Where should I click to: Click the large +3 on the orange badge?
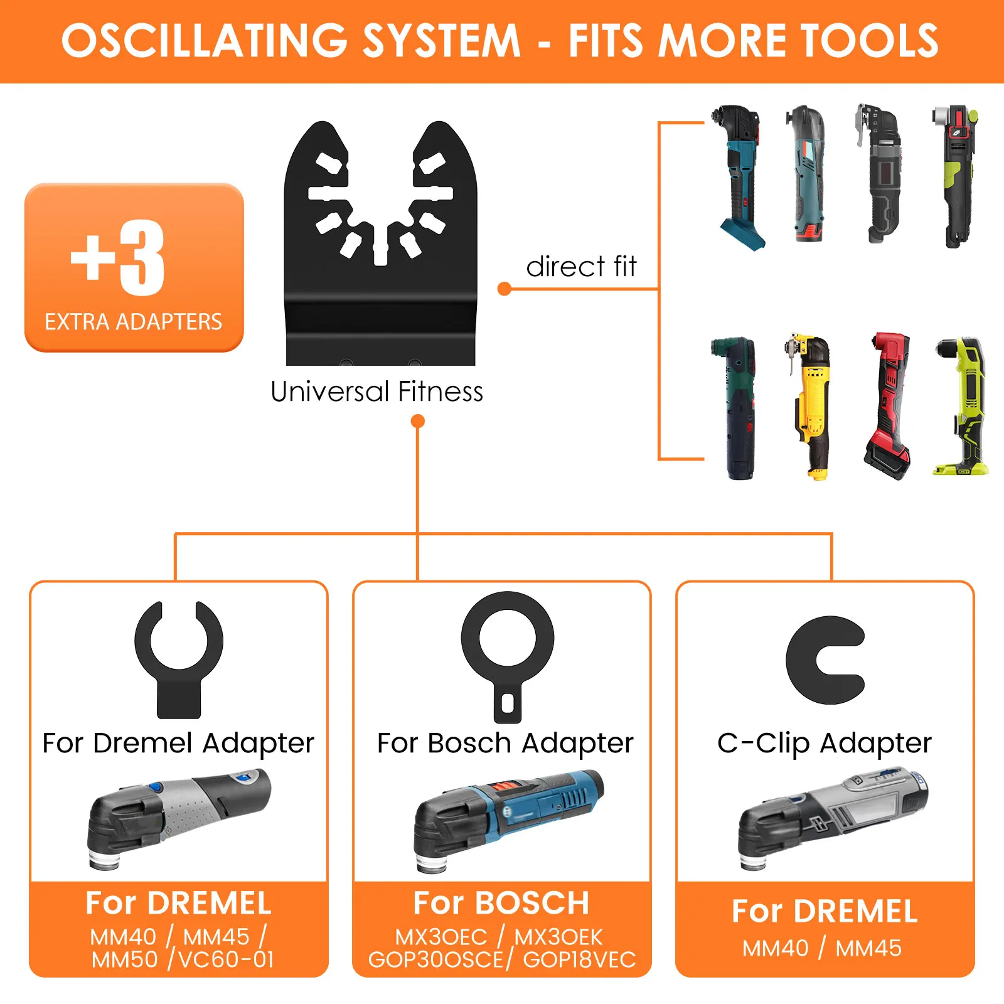point(118,258)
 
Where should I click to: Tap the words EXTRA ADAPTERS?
point(133,322)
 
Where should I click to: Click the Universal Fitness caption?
point(376,392)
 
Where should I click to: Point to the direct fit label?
point(581,267)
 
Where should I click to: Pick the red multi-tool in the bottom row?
point(887,407)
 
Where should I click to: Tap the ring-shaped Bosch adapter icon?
point(508,656)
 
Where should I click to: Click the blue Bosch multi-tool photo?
point(508,819)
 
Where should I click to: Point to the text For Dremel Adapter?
point(178,743)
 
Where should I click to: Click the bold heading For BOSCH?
point(501,904)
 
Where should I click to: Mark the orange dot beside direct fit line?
point(504,289)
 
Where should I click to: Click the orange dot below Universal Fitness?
point(417,421)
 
